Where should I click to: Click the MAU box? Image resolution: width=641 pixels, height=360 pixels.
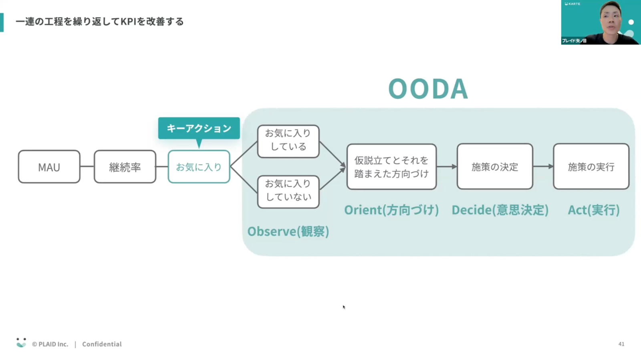point(49,167)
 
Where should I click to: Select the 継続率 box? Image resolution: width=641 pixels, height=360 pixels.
point(125,167)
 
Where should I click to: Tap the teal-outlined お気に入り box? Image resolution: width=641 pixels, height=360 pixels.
point(199,167)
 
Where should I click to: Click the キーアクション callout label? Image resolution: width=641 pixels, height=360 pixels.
point(199,128)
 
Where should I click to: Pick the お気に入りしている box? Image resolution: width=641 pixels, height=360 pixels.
point(288,141)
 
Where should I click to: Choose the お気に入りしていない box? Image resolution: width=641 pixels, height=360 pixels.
point(288,192)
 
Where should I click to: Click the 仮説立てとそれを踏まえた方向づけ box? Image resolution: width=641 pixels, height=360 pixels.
point(391,167)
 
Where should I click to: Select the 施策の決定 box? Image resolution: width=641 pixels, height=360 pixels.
point(495,167)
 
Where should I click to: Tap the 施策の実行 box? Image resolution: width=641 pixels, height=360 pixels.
point(591,167)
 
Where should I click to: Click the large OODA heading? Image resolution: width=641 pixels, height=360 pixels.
point(428,88)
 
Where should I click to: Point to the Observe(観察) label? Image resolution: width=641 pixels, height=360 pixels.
point(288,231)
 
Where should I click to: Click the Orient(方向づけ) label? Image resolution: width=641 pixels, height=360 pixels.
point(391,210)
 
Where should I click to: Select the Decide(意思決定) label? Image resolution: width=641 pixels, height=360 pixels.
point(500,210)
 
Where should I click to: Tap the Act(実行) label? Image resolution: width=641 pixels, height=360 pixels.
point(594,210)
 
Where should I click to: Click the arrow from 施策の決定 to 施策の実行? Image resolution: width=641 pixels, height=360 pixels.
point(543,167)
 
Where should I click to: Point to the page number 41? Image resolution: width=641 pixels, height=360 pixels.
point(621,344)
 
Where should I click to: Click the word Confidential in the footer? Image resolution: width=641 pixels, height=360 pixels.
point(102,344)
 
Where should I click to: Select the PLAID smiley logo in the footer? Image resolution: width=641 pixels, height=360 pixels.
point(21,343)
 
